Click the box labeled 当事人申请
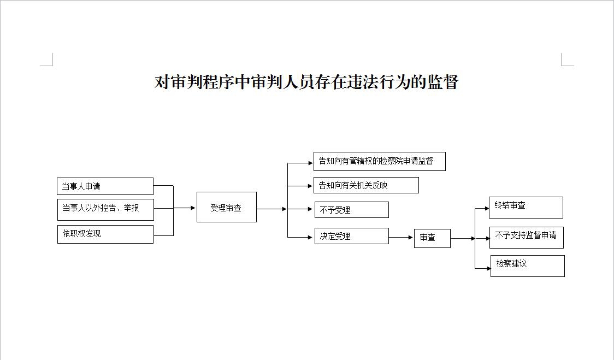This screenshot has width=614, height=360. click(x=105, y=186)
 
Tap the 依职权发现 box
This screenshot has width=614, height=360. click(x=105, y=234)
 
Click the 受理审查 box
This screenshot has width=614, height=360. click(x=226, y=207)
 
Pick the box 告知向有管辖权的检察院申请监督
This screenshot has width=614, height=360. click(x=379, y=161)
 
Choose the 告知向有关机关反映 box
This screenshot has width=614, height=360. click(x=366, y=185)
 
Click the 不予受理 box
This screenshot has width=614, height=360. click(x=351, y=210)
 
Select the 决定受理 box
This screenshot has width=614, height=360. click(x=351, y=236)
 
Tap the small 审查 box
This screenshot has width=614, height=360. click(x=432, y=238)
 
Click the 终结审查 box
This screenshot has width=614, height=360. click(x=526, y=208)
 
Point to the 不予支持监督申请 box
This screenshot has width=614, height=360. click(x=526, y=237)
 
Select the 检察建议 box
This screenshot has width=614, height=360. click(x=527, y=265)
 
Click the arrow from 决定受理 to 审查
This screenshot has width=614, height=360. click(x=401, y=238)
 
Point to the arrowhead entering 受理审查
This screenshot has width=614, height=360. click(x=193, y=208)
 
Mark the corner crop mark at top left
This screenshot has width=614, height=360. click(x=48, y=60)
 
